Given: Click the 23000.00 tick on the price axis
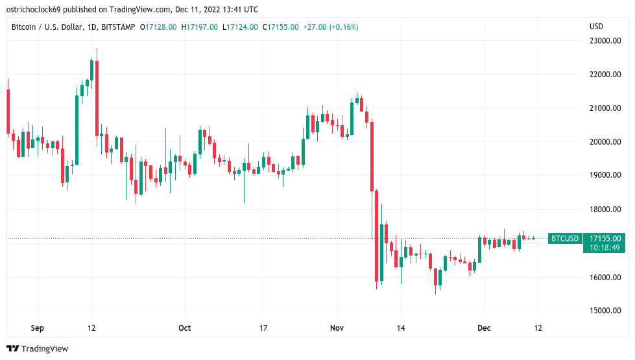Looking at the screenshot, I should [604, 41].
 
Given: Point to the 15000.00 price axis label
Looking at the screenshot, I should [604, 311].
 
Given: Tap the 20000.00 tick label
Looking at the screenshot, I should [604, 142].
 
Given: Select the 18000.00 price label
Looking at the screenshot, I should [604, 210].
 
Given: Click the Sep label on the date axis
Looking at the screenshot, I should [38, 328].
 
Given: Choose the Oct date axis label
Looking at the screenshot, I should [185, 328].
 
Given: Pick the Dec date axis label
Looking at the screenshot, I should [483, 328].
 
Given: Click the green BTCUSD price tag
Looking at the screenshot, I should [564, 239].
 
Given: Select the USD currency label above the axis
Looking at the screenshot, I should [595, 27].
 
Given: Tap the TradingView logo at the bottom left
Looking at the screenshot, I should [37, 349].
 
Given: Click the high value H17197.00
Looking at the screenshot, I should [200, 27].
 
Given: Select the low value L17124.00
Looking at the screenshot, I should [240, 27].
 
